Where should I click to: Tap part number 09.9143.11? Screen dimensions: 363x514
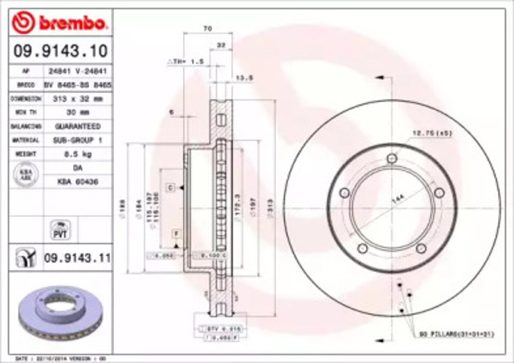click(x=76, y=259)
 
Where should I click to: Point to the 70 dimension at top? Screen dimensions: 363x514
click(x=208, y=29)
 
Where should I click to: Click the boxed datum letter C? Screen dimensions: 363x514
click(x=171, y=186)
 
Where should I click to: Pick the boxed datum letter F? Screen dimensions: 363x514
click(x=176, y=232)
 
